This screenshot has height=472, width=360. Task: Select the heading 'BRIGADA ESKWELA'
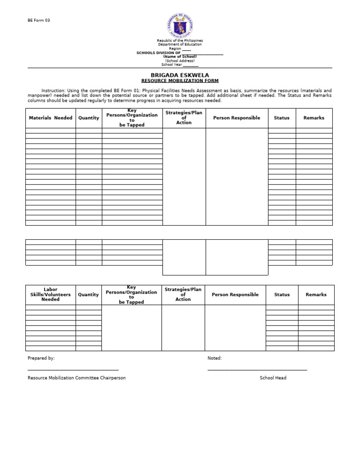180,75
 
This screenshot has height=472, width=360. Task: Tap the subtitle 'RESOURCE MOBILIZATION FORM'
180,81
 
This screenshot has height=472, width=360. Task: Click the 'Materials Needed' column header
51,118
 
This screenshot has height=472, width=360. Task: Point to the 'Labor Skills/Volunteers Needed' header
51,295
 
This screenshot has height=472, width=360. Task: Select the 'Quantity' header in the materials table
89,118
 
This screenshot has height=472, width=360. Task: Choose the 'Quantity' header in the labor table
88,295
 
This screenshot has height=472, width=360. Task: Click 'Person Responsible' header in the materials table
237,118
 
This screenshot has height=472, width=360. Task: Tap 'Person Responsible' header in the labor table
235,295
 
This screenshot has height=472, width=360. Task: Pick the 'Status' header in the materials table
282,118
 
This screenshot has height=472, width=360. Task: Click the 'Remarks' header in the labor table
316,295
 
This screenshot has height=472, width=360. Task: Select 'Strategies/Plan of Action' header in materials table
184,118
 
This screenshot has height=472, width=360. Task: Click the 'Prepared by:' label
41,358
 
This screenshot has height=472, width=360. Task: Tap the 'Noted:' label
215,358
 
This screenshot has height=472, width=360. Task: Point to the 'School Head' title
273,378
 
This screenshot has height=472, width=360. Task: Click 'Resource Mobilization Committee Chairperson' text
76,378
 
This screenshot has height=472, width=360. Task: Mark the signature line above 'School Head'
257,371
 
